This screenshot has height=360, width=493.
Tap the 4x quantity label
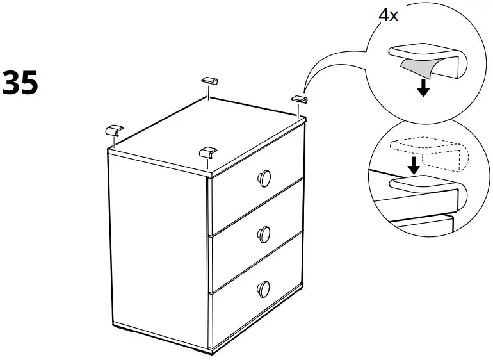389,15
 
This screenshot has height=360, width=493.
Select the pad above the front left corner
114,128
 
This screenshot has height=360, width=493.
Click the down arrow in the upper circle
422,88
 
